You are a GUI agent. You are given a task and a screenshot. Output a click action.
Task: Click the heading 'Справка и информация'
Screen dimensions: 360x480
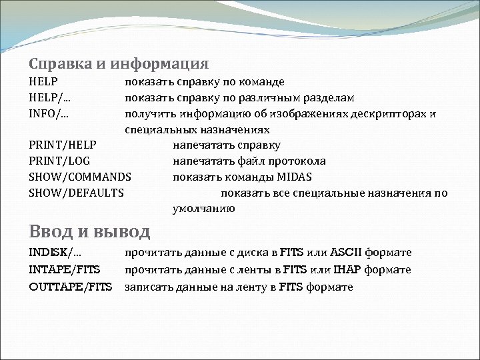coord(119,65)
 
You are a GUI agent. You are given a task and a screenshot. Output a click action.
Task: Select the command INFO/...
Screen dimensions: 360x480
coord(49,113)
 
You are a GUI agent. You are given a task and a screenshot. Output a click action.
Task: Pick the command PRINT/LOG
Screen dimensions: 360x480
coord(59,161)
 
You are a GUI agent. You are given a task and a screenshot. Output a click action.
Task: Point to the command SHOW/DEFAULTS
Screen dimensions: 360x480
coord(77,193)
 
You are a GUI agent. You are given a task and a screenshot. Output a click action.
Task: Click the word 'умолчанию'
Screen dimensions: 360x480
coord(203,209)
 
